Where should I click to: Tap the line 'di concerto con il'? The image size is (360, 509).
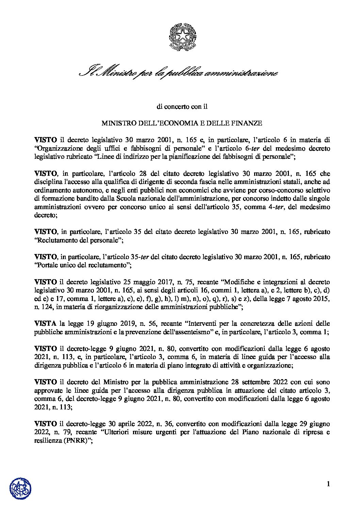180,106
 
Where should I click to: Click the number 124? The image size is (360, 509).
50,307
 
